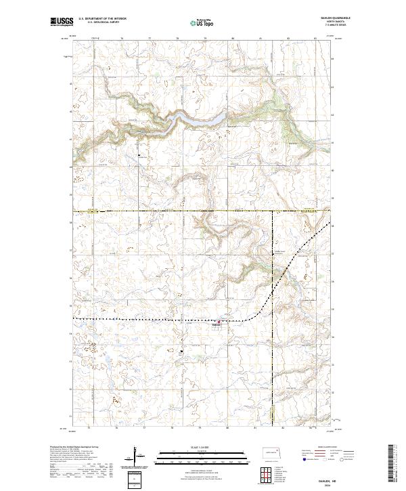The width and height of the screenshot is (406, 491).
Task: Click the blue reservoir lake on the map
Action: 203,119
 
